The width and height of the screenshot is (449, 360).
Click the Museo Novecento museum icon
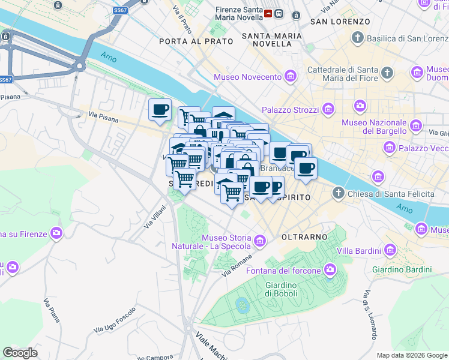point(291,77)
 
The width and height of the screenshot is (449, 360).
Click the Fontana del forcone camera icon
point(330,271)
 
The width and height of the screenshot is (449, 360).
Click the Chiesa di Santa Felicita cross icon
point(339,193)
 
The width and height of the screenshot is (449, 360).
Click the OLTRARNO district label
point(303,237)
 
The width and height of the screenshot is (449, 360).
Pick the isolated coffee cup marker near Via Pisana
point(160,110)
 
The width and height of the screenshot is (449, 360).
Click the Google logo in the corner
point(20,353)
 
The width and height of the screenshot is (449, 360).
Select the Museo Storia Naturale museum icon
point(260,241)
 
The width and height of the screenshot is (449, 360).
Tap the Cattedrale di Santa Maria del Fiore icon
point(387,74)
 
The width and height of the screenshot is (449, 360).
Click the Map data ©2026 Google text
point(412,355)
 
